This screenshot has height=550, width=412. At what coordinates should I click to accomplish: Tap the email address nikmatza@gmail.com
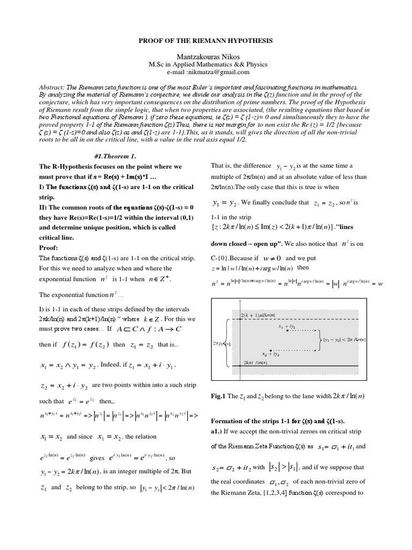(x=222, y=72)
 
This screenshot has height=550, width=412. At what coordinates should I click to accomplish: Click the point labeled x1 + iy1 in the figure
(x=286, y=327)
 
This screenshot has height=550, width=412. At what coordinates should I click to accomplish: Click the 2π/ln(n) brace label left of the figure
(x=219, y=343)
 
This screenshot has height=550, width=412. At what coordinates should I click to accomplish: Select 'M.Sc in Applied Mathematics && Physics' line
(x=208, y=64)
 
